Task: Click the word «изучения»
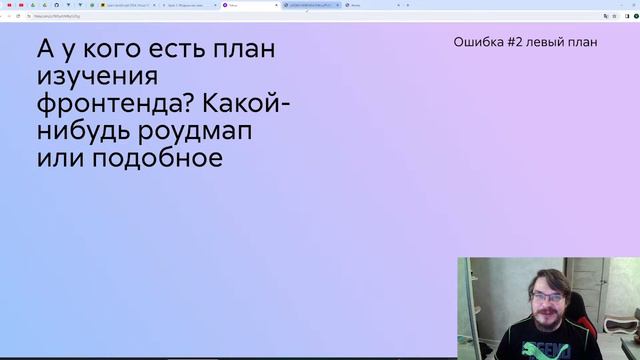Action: pos(97,77)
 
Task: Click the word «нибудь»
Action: pos(84,131)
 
